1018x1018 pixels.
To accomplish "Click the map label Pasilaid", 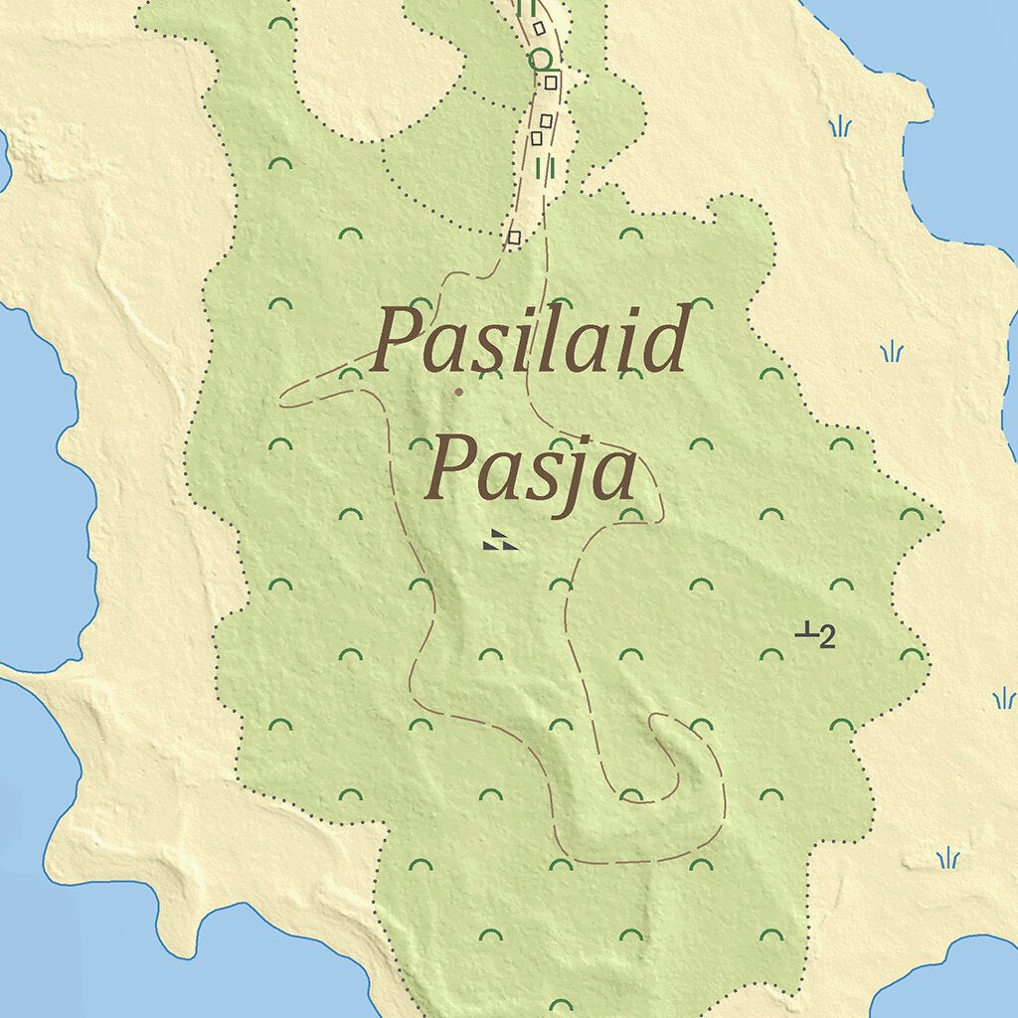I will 531,342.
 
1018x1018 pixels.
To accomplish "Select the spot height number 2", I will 827,636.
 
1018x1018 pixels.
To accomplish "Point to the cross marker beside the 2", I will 806,630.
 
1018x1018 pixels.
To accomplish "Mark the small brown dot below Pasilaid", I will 458,392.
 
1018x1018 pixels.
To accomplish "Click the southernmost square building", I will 514,237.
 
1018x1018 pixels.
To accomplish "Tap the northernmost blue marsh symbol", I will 841,126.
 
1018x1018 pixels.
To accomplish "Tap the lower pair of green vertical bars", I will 545,167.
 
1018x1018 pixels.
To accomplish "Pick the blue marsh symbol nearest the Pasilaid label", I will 893,351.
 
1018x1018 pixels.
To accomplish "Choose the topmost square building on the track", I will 538,28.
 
